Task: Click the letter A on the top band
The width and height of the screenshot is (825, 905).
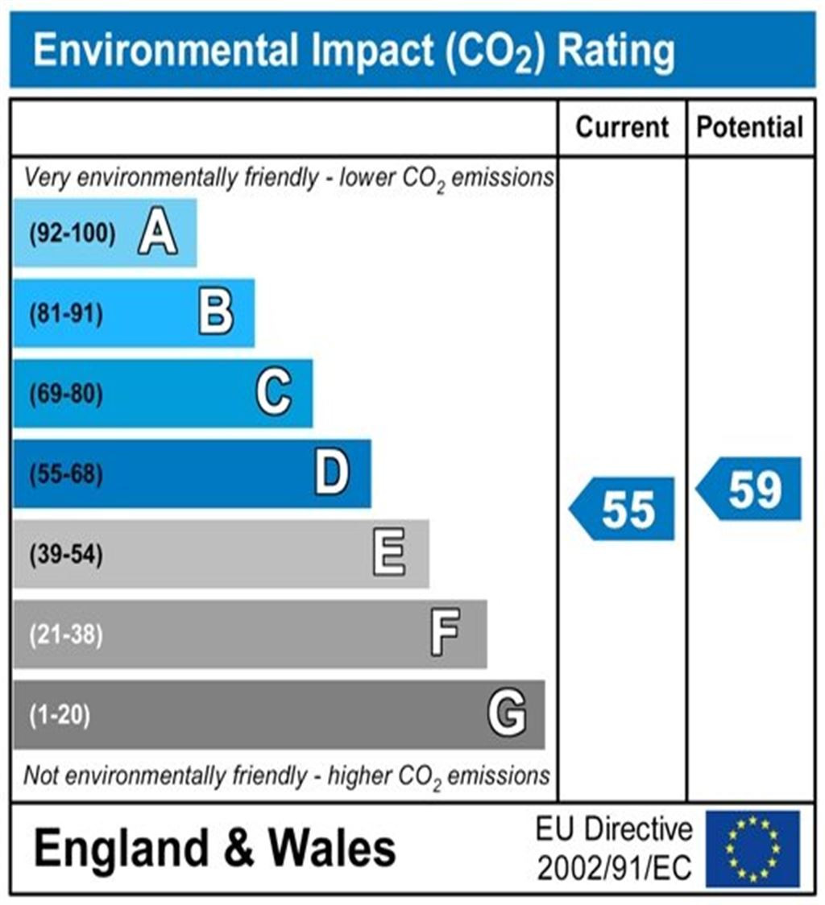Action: coord(157,233)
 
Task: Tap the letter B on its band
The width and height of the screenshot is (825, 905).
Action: coord(216,313)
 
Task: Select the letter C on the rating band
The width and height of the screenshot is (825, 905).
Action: coord(273,394)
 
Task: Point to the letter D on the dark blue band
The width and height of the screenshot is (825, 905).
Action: coord(332,473)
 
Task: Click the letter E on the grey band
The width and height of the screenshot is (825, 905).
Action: coord(389,554)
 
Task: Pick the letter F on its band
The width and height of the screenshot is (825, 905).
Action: coord(445,634)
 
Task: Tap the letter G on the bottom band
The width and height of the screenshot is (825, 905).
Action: coord(507,714)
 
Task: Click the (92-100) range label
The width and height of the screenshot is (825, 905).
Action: coord(73,234)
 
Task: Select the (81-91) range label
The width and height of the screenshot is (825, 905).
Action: coord(66,314)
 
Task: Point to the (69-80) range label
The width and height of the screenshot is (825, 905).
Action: coord(66,395)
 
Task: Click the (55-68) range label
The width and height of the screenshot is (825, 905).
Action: coord(66,474)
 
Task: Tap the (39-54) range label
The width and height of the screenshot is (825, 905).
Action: coord(66,555)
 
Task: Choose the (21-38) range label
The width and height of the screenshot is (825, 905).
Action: coord(66,634)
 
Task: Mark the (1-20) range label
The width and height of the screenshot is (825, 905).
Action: coord(60,715)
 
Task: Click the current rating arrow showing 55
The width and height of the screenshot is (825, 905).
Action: coord(624,509)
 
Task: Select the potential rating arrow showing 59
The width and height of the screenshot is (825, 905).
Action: coord(750,489)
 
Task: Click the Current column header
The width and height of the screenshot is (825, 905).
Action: coord(623,127)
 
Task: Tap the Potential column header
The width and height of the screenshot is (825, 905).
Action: coord(750,127)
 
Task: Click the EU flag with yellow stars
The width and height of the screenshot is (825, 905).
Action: coord(752,849)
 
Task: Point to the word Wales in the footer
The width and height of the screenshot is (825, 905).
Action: coord(332,849)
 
